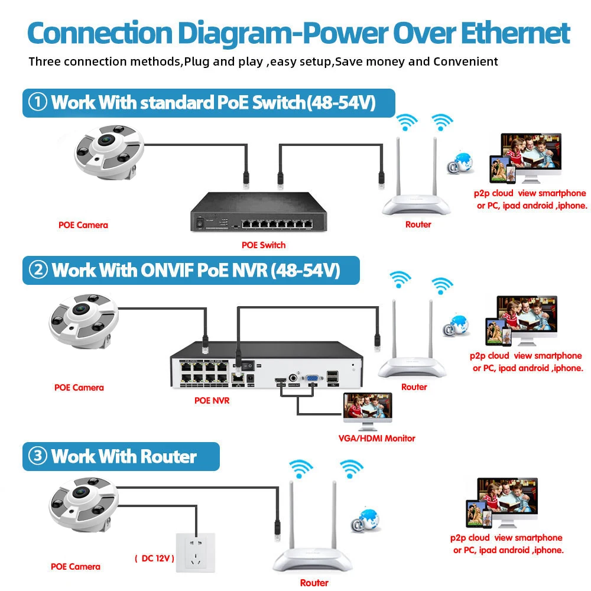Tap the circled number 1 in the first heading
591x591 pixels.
click(38, 102)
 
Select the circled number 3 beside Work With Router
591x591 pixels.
click(38, 456)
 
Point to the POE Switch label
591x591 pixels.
click(264, 245)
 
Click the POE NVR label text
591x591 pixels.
click(212, 400)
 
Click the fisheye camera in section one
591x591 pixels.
click(109, 154)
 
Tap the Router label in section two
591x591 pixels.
click(414, 387)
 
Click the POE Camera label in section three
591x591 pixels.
click(76, 566)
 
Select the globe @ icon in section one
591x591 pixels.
click(460, 164)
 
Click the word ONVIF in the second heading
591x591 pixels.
click(167, 270)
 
